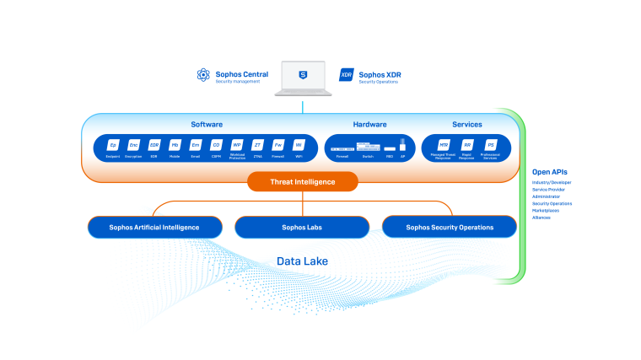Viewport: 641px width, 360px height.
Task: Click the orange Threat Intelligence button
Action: point(302,181)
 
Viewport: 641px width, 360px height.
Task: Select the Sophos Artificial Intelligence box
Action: point(155,227)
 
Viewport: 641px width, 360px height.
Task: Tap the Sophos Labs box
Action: point(302,227)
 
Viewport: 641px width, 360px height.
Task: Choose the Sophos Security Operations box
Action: point(450,227)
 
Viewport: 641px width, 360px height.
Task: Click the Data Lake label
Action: point(302,261)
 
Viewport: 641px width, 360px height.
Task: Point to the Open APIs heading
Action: point(551,172)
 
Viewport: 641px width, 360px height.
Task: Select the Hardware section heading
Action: point(369,124)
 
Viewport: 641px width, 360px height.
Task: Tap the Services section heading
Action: point(466,124)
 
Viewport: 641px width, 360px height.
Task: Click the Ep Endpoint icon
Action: point(113,145)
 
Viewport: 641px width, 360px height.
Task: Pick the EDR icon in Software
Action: point(154,145)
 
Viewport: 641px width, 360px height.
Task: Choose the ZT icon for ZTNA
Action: point(258,145)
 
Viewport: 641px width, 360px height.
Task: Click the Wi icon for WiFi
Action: point(298,145)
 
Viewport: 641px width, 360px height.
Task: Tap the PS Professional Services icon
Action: point(490,145)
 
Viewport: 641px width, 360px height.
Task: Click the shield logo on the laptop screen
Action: point(303,76)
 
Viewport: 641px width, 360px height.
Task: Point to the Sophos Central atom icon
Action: point(202,76)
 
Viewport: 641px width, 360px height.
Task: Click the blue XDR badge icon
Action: point(346,76)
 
